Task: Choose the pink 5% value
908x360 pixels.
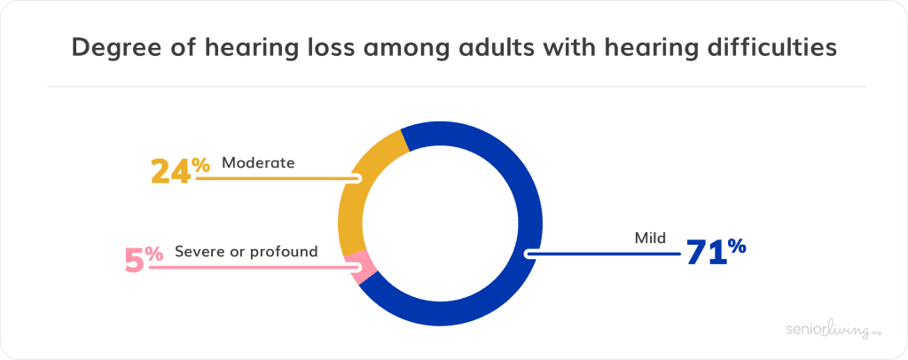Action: (x=145, y=259)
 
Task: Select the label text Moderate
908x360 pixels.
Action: (x=258, y=162)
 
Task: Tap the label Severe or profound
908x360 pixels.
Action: (x=247, y=252)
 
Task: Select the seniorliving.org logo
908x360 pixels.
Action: (x=829, y=329)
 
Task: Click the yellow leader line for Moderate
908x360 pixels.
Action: (x=278, y=178)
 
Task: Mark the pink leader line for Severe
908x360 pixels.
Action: (x=255, y=268)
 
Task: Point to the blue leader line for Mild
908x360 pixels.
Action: (x=602, y=254)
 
